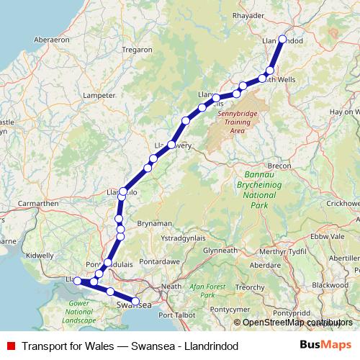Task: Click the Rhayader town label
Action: tap(249, 15)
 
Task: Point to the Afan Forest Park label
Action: tap(207, 290)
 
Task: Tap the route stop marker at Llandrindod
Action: tap(282, 40)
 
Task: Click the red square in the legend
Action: tap(10, 346)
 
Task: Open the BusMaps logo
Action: tap(325, 346)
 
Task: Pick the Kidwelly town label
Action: tap(39, 255)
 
